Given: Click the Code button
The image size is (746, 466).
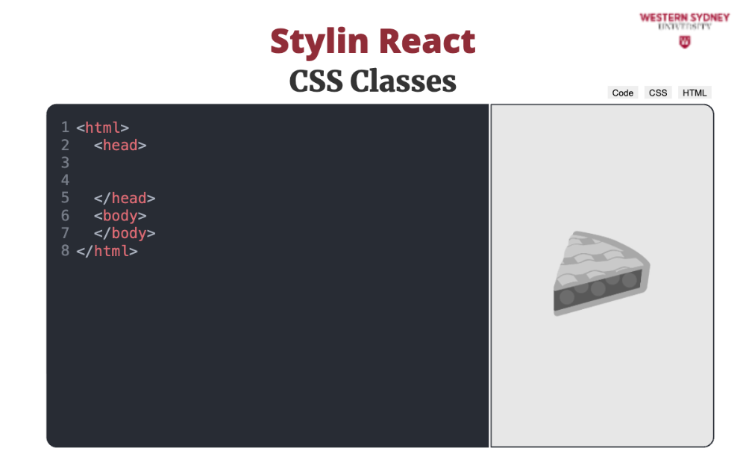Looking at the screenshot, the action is click(x=622, y=93).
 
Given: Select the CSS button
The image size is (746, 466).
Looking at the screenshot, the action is click(x=658, y=93).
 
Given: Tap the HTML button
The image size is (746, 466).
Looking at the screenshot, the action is click(x=694, y=93).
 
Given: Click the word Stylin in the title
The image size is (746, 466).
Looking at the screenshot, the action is click(x=319, y=43).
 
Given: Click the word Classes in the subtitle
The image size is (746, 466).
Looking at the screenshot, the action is click(x=403, y=81).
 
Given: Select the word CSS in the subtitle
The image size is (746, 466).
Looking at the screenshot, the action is click(x=316, y=81).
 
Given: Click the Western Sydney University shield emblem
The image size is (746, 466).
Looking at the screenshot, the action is click(x=685, y=42).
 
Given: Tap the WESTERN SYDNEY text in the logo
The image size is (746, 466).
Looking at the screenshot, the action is click(x=685, y=18).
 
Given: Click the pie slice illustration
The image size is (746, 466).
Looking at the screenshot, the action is click(x=601, y=273).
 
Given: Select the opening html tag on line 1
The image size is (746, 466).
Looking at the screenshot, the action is click(x=102, y=128).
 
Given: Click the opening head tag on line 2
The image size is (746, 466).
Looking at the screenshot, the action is click(x=120, y=146).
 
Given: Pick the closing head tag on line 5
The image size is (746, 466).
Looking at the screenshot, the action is click(x=125, y=198).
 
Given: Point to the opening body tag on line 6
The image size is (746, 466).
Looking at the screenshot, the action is click(x=120, y=216).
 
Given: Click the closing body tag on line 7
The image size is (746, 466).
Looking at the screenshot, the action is click(x=125, y=234).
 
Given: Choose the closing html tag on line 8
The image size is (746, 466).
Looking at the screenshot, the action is click(x=107, y=251).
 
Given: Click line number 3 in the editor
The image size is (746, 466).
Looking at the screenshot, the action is click(x=65, y=163).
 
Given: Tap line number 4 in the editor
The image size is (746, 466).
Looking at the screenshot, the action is click(x=65, y=180).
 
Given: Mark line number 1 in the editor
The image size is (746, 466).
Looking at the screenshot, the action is click(x=65, y=127).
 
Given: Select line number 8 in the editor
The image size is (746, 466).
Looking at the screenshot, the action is click(x=65, y=251).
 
